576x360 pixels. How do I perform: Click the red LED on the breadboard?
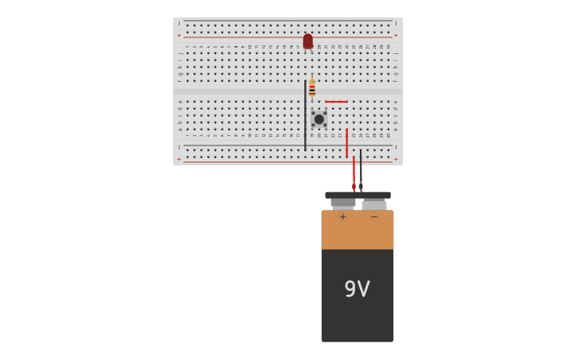click(307, 41)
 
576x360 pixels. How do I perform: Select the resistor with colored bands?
click(312, 88)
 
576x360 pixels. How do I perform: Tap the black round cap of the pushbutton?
click(319, 119)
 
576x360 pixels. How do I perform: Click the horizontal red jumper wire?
click(336, 102)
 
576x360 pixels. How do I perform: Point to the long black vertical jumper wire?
click(305, 115)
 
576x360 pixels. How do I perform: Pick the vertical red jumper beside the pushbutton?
click(346, 143)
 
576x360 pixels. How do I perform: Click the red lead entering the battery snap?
click(354, 173)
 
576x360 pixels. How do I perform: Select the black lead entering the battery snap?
click(361, 171)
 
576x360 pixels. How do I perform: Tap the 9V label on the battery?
click(357, 289)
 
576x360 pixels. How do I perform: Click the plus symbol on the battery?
click(343, 217)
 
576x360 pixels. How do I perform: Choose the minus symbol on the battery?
click(374, 217)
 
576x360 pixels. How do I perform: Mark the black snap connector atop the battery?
click(358, 195)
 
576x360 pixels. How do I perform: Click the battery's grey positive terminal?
click(343, 203)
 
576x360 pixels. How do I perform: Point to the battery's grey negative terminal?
click(374, 204)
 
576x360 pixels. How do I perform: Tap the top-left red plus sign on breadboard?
click(179, 35)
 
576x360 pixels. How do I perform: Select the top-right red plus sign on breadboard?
click(396, 35)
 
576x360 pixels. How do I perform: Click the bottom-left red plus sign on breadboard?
click(179, 159)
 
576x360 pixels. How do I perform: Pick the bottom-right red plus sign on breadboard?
click(396, 159)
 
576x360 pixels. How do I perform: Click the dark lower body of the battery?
click(358, 318)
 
